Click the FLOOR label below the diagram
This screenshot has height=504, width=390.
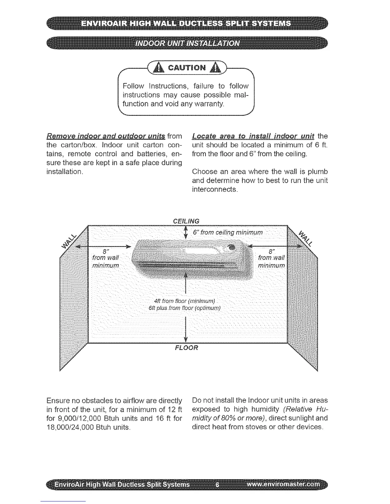[x=186, y=347]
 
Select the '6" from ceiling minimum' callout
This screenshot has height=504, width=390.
[x=228, y=232]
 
